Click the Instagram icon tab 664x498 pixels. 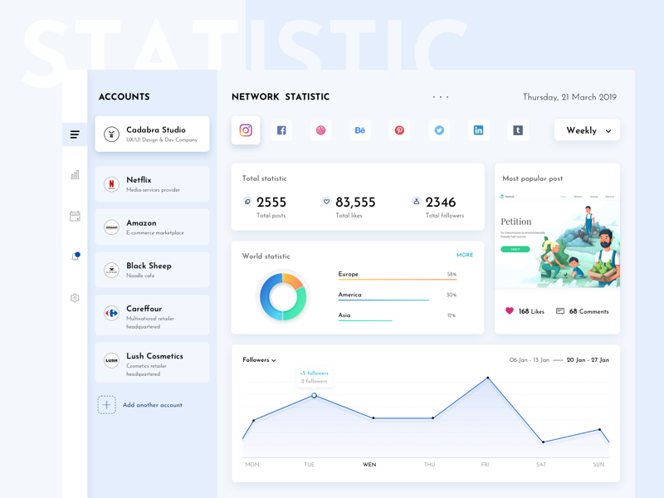coord(246,130)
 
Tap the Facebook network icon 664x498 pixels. coord(281,130)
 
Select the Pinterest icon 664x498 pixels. coord(399,130)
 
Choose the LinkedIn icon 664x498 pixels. coord(478,130)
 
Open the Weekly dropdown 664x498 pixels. coord(587,130)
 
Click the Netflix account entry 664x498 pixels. coord(152,184)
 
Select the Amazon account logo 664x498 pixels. coord(111,227)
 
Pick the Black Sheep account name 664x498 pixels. coord(149,266)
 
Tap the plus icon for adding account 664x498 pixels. coord(106,405)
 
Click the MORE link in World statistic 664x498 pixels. coord(465,256)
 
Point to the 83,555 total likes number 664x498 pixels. coord(355,203)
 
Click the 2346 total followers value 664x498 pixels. coord(440,203)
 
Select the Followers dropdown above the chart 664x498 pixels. coord(259,360)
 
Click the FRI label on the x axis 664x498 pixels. coord(485,465)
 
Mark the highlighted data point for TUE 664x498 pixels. coord(314,396)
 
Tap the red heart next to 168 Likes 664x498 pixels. coord(510,311)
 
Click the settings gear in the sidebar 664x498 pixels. coord(75,298)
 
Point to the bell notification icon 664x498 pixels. coord(75,256)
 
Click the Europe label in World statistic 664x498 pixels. coord(349,274)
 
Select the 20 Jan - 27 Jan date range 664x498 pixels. coord(588,360)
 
